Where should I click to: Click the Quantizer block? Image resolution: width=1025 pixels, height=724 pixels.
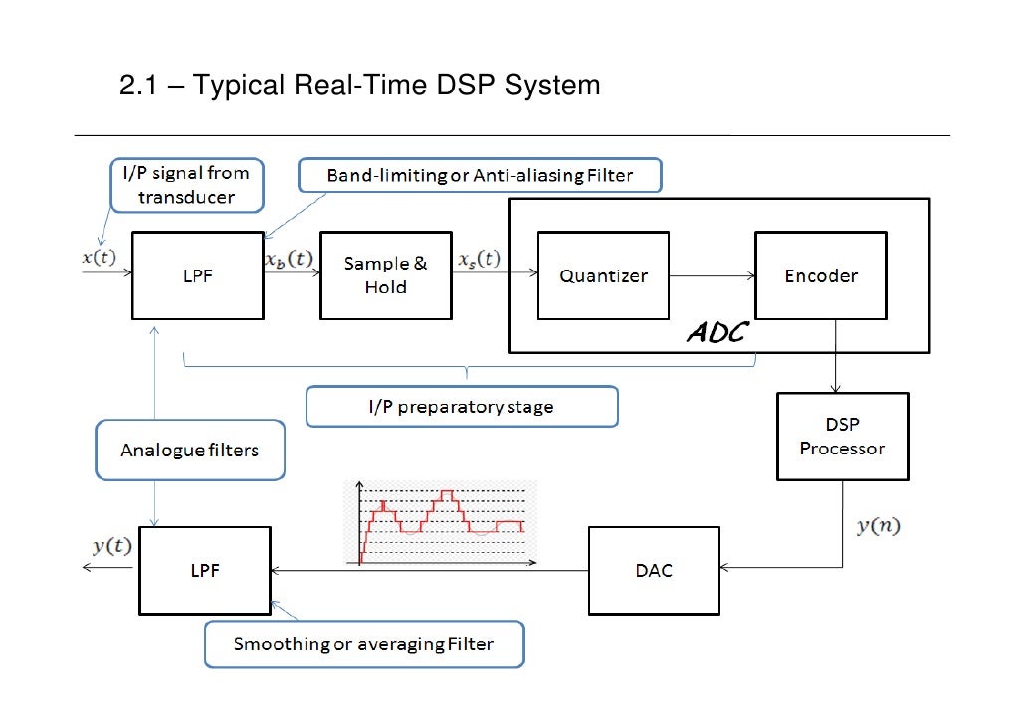pyautogui.click(x=603, y=275)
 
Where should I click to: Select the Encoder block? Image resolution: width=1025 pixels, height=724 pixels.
pyautogui.click(x=820, y=275)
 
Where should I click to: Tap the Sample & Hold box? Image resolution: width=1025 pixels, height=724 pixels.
pyautogui.click(x=385, y=275)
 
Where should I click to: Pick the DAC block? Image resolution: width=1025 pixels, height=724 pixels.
pyautogui.click(x=653, y=570)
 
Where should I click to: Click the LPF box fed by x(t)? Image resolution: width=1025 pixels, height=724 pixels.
pyautogui.click(x=197, y=275)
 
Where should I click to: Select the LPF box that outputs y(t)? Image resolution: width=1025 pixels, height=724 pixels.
pyautogui.click(x=204, y=570)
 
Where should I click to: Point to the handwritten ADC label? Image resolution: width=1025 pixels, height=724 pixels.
pyautogui.click(x=716, y=332)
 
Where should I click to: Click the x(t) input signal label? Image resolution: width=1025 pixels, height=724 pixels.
pyautogui.click(x=99, y=256)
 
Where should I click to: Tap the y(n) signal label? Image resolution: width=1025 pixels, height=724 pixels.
pyautogui.click(x=878, y=526)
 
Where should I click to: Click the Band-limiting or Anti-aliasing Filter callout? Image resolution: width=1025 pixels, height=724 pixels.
pyautogui.click(x=480, y=177)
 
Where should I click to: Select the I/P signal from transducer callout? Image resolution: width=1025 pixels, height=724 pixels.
pyautogui.click(x=186, y=185)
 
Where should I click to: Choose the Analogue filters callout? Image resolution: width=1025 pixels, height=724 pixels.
pyautogui.click(x=189, y=450)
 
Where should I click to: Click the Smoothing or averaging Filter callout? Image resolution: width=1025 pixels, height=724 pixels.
pyautogui.click(x=363, y=644)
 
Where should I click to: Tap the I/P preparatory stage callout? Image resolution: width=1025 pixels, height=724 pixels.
pyautogui.click(x=461, y=406)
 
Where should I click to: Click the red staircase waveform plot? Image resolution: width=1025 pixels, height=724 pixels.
pyautogui.click(x=441, y=523)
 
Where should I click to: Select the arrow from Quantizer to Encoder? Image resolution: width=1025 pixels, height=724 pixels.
pyautogui.click(x=712, y=275)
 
